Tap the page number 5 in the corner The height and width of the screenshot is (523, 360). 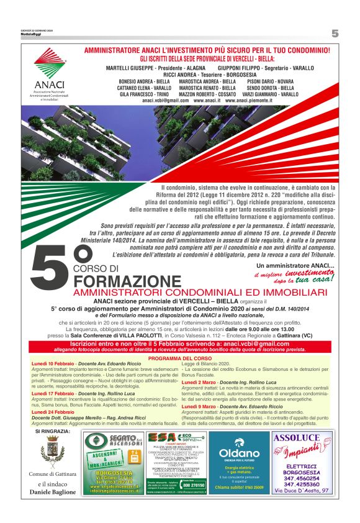pyautogui.click(x=335, y=34)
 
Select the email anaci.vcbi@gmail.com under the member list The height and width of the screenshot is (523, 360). pyautogui.click(x=165, y=100)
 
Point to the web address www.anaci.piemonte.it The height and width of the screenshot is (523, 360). pyautogui.click(x=253, y=100)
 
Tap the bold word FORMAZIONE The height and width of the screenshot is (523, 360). pyautogui.click(x=122, y=280)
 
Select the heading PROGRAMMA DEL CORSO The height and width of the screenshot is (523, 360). pyautogui.click(x=179, y=358)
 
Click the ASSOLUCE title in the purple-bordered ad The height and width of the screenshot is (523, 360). pyautogui.click(x=299, y=439)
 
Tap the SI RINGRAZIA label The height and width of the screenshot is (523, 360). pyautogui.click(x=53, y=430)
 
